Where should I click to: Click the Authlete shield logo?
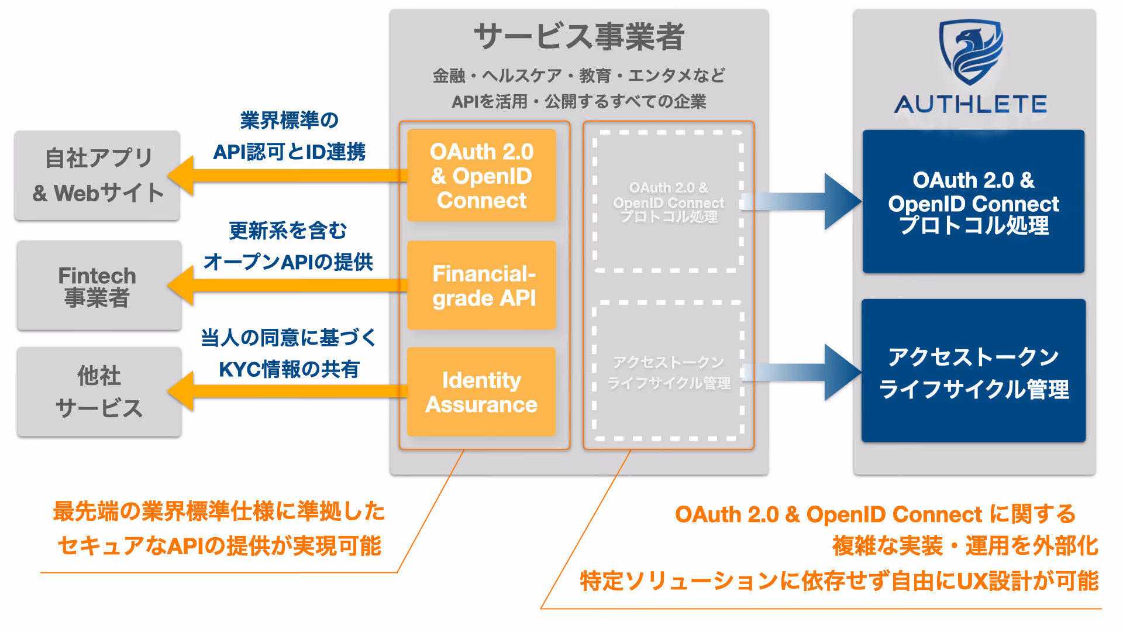pos(970,53)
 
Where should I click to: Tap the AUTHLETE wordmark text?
pos(971,105)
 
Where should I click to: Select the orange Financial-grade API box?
pos(481,286)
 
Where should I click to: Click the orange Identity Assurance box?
pos(481,391)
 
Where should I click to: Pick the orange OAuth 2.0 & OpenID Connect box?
pos(481,176)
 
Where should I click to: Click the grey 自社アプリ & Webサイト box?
pos(97,176)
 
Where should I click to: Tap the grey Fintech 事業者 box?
pos(99,286)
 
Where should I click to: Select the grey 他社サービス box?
pos(99,391)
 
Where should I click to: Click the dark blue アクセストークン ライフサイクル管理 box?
pos(973,370)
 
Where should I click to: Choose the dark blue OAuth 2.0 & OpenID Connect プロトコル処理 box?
pos(973,201)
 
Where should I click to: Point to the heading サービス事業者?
pos(578,36)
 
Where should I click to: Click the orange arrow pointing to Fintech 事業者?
pos(287,286)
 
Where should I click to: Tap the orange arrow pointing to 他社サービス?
pos(287,391)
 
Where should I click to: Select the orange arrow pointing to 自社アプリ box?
pos(287,176)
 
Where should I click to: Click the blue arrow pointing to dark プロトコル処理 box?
pos(801,201)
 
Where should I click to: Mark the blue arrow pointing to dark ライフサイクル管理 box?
pos(801,372)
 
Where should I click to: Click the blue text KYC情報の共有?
pos(289,369)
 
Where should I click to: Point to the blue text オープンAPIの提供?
pos(288,262)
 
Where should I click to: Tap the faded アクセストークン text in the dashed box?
pos(669,363)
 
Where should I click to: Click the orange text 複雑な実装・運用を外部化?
pos(965,545)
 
